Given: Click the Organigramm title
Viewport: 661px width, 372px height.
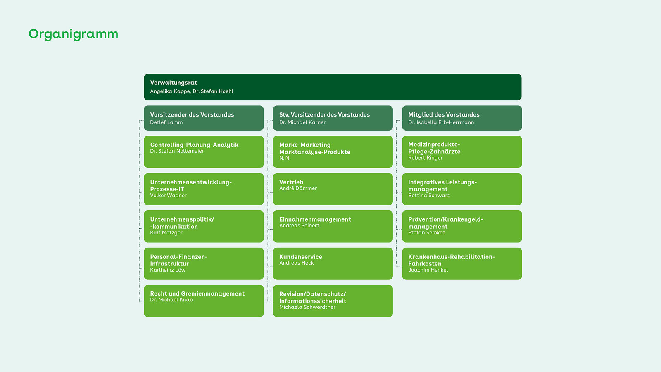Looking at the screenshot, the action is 74,34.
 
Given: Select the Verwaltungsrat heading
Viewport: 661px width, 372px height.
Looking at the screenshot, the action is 174,83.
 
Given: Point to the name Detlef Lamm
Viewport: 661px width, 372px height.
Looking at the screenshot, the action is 166,122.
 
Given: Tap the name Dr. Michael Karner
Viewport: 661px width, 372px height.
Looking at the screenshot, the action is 302,122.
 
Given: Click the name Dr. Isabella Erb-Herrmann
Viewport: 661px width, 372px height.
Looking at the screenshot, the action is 441,122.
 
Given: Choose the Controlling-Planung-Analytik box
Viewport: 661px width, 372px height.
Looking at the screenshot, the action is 204,152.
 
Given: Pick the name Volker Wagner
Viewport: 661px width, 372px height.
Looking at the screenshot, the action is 169,196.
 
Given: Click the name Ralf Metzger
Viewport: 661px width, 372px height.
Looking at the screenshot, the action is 166,233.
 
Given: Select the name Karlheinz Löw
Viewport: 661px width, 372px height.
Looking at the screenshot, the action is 168,270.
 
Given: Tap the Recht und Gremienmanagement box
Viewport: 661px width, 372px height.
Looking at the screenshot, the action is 204,301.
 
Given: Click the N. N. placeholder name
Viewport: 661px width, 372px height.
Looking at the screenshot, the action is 285,158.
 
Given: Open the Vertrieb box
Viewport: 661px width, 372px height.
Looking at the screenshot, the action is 333,189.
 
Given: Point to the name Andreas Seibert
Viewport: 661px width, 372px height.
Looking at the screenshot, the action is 299,226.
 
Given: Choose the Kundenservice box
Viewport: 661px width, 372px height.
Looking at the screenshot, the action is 333,264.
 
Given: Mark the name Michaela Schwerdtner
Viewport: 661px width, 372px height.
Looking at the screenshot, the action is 307,308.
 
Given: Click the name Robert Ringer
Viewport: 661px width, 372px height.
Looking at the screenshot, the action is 426,158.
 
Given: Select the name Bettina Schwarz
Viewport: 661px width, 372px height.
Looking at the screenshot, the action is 429,196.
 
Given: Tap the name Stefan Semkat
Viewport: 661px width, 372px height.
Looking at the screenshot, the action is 427,233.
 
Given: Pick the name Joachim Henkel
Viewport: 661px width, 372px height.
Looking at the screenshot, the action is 428,270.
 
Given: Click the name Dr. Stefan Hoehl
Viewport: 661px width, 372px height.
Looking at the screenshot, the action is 213,91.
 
